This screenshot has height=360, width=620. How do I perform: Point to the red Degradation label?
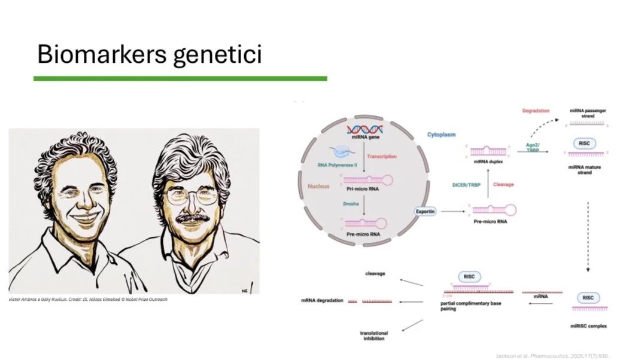click(536, 111)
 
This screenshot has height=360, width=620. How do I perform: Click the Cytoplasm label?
click(441, 135)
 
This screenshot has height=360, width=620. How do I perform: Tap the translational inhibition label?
click(373, 335)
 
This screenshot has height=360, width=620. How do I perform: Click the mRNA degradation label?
click(322, 300)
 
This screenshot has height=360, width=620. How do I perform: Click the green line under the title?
click(180, 78)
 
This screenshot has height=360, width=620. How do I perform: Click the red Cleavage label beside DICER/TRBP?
click(503, 185)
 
